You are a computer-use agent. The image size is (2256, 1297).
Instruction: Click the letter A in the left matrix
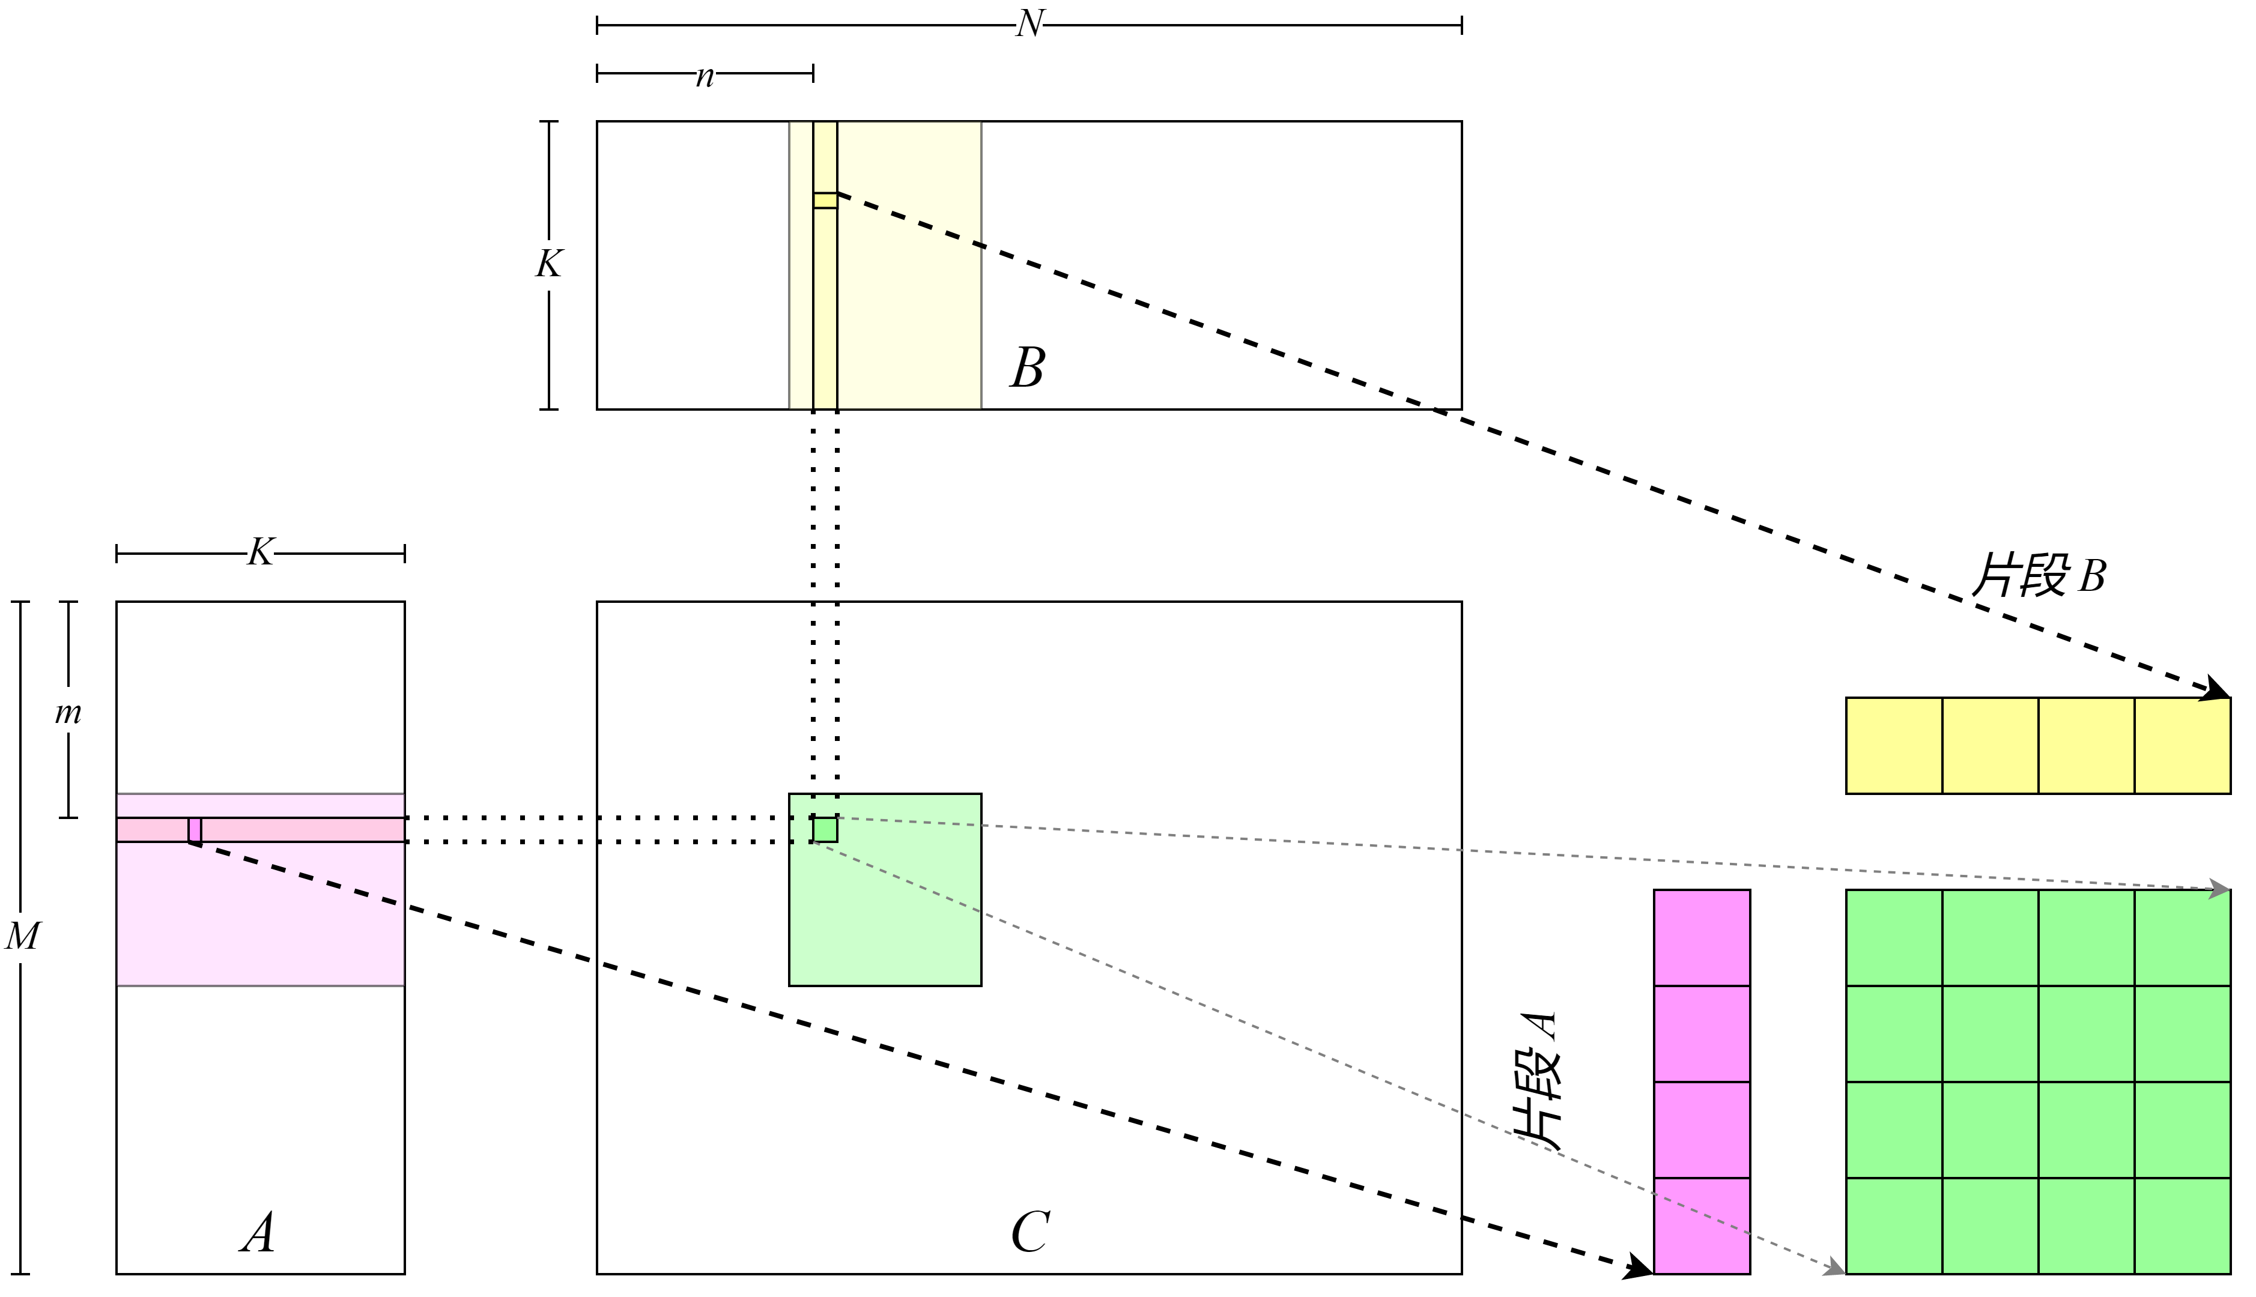point(258,1234)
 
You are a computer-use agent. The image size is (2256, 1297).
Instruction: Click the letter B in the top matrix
point(1027,367)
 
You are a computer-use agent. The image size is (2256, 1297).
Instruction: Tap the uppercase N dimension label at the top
point(1029,24)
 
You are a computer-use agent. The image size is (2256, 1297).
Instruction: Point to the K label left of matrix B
point(548,265)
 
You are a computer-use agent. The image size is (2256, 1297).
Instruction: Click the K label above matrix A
point(259,553)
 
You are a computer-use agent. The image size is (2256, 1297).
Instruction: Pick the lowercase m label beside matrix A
point(68,710)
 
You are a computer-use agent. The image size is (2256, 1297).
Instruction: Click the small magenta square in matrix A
point(194,829)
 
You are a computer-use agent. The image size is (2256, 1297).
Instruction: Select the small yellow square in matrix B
point(825,201)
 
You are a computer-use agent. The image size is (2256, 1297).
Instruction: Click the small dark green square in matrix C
point(825,829)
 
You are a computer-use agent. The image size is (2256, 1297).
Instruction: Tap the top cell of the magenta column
point(1702,938)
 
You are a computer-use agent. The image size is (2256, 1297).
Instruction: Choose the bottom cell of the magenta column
point(1702,1226)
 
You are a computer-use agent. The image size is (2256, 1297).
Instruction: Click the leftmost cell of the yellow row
point(1894,746)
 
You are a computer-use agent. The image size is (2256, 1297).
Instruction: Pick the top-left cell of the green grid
point(1894,938)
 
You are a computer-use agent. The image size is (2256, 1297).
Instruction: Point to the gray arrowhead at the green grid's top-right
point(2221,888)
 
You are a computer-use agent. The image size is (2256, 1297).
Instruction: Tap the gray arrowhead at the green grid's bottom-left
point(1836,1268)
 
